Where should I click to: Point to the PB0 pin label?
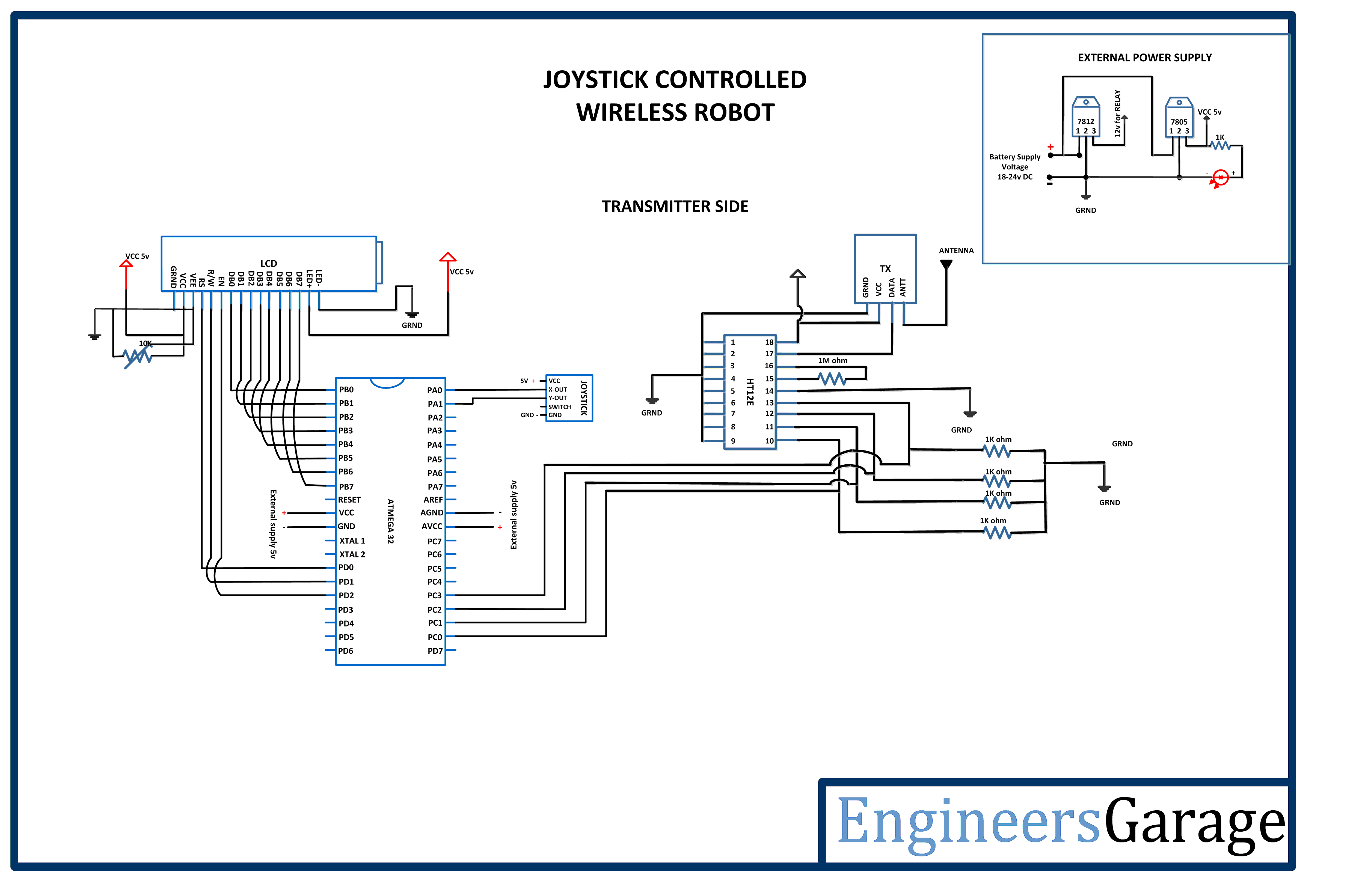click(x=346, y=390)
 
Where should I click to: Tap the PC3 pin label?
click(x=434, y=596)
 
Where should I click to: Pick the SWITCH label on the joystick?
click(x=559, y=407)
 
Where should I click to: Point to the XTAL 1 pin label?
click(x=352, y=540)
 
